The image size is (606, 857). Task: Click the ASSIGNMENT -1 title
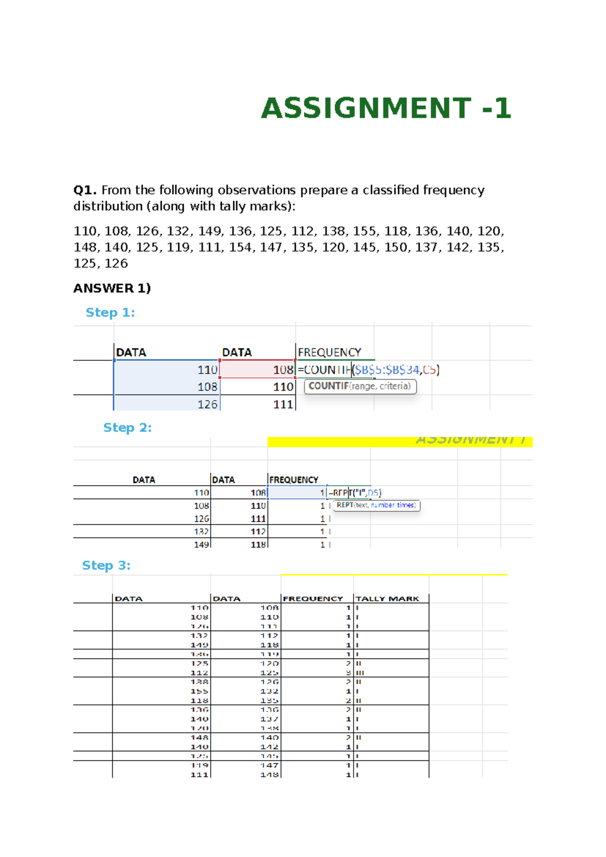(x=386, y=108)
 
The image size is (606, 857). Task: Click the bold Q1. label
(x=85, y=190)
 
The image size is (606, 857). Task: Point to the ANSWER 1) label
(x=112, y=288)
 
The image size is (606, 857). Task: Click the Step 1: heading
(x=110, y=312)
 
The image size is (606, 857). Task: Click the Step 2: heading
(x=127, y=427)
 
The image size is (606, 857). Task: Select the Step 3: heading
(x=106, y=565)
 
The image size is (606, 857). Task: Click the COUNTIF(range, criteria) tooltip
(x=360, y=386)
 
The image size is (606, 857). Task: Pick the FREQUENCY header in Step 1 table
(x=329, y=352)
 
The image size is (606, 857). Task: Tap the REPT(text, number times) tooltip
(x=376, y=505)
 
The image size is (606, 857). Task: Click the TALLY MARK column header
(x=387, y=599)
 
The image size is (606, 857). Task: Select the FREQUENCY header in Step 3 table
(x=313, y=599)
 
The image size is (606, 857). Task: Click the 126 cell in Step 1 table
(x=207, y=404)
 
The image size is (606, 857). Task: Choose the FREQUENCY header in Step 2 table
(x=293, y=480)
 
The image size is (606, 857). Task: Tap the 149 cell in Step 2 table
(x=201, y=545)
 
